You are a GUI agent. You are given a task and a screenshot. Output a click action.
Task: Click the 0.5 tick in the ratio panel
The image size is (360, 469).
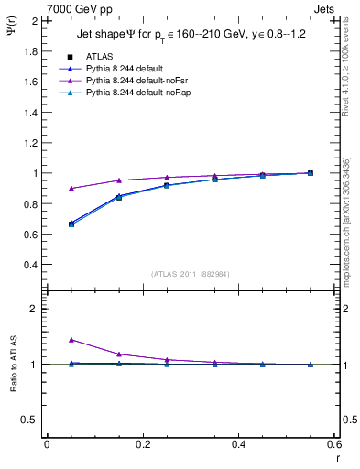pos(32,420)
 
